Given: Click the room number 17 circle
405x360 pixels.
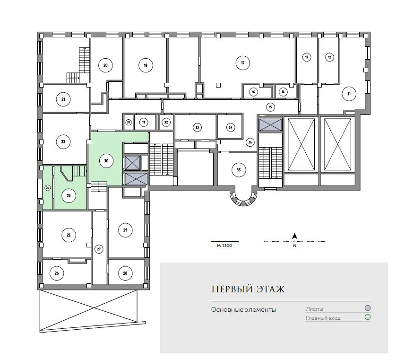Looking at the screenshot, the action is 243,63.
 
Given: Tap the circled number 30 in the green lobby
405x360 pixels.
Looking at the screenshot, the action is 106,160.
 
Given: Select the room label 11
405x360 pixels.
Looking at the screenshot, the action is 349,94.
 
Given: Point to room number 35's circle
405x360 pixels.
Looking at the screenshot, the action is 239,170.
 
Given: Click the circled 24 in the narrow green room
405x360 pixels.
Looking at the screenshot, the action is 48,188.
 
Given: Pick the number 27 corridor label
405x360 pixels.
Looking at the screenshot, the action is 99,249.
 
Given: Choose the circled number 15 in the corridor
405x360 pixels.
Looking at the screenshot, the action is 270,107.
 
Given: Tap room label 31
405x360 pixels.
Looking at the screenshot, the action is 129,122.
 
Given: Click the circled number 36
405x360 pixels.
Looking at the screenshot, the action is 250,142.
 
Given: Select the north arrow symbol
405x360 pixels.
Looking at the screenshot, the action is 294,236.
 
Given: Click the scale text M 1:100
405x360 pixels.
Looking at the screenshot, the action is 224,246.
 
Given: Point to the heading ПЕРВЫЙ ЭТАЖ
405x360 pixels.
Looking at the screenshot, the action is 248,289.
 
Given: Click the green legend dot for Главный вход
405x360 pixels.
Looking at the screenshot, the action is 368,317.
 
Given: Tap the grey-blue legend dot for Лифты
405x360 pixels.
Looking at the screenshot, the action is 368,308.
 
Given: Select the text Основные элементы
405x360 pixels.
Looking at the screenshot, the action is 243,309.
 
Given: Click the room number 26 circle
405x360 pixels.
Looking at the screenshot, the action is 57,273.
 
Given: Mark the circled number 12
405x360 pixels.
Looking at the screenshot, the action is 329,57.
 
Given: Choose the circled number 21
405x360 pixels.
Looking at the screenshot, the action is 63,99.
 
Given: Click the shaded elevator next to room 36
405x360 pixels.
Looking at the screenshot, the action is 270,125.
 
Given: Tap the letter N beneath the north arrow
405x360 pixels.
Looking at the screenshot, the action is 295,246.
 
